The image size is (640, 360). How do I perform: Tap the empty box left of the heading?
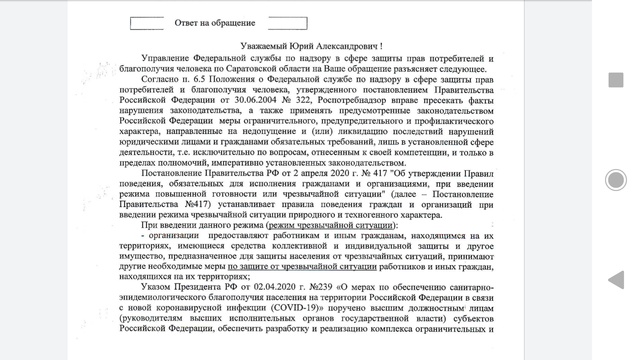click(x=146, y=22)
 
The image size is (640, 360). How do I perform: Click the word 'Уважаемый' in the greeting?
click(x=269, y=47)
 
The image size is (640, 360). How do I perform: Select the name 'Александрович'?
click(x=361, y=47)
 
